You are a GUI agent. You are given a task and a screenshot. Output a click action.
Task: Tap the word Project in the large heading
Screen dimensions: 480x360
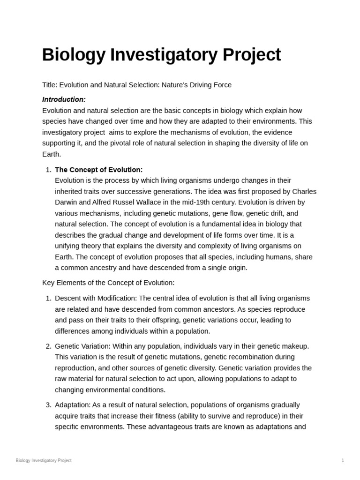click(x=252, y=55)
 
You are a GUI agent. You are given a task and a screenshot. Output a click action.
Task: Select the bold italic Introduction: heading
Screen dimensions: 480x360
click(x=64, y=99)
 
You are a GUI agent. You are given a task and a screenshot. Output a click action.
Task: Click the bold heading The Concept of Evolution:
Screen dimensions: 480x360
click(x=98, y=170)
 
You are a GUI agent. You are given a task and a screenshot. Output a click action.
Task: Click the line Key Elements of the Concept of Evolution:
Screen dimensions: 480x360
click(x=108, y=283)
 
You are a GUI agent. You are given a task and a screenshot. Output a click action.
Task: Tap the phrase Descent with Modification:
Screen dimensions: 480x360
click(x=96, y=298)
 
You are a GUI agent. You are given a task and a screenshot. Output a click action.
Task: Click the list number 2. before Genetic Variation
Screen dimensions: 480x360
click(x=48, y=346)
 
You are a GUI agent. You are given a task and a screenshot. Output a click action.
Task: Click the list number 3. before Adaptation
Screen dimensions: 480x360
click(x=48, y=405)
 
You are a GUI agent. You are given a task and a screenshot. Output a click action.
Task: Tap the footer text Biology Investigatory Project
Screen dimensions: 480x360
click(x=44, y=460)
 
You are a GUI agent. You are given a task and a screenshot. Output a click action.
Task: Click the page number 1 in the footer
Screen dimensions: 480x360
click(x=343, y=460)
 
